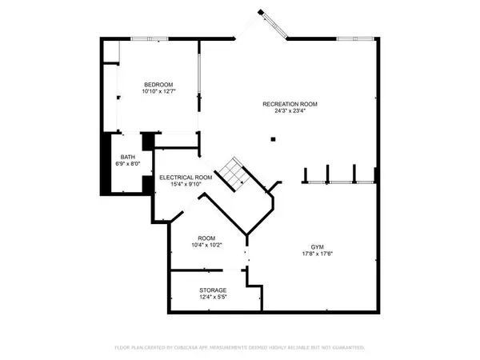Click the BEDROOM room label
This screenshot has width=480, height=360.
click(x=158, y=85)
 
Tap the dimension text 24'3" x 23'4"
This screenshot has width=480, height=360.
click(x=290, y=111)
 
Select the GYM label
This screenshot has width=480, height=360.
click(x=317, y=247)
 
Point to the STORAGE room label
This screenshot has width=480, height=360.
click(x=213, y=290)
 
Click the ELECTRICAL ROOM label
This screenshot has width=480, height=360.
click(x=186, y=178)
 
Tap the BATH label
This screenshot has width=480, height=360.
click(x=128, y=157)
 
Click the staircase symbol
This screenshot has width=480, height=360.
click(x=233, y=174)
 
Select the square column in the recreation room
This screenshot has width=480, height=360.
click(x=273, y=139)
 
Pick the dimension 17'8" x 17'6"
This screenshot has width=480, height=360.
click(x=317, y=254)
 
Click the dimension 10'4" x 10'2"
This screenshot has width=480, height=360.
click(x=206, y=245)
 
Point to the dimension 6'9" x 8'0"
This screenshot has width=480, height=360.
click(x=128, y=164)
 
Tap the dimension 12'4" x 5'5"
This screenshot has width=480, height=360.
click(x=213, y=297)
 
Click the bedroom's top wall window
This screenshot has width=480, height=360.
click(x=150, y=39)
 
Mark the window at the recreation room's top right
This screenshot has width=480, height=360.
click(x=355, y=39)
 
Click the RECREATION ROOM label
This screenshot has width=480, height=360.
click(x=290, y=104)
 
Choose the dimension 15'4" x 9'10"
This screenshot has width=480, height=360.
click(x=186, y=184)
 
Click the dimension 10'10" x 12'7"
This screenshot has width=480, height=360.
click(x=158, y=91)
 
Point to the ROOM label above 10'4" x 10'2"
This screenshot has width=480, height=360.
click(x=206, y=238)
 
